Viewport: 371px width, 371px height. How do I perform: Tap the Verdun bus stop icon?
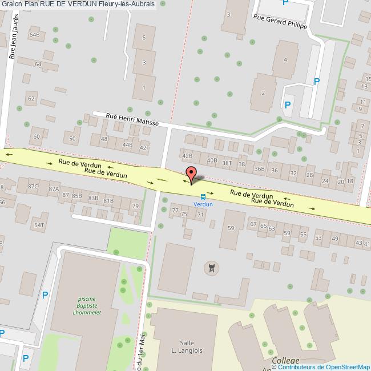203,196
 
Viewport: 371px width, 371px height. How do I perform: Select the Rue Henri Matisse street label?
132,119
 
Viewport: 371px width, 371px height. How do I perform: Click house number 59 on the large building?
231,228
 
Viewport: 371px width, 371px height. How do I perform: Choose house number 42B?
187,155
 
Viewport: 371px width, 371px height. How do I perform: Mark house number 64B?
35,35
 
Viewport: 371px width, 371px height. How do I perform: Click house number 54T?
39,225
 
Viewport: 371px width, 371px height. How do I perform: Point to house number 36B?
260,168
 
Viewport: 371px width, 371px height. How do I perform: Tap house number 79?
135,206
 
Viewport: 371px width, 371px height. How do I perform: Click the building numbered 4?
285,59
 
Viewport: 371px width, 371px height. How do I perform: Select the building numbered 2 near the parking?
263,93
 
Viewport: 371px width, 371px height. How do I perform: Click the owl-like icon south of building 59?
212,267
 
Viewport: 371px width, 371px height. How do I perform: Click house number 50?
72,138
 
